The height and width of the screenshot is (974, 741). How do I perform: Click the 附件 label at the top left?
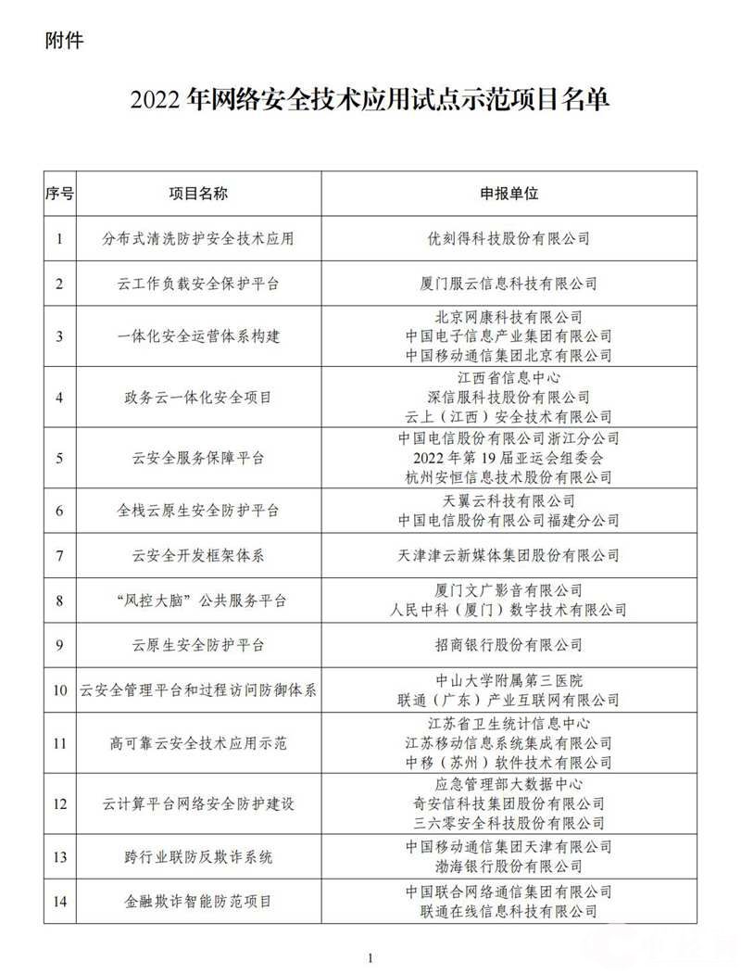[63, 42]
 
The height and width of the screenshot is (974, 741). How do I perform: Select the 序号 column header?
[60, 193]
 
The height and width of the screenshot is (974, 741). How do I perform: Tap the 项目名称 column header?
[198, 193]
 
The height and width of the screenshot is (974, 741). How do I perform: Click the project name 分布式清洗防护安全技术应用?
[198, 238]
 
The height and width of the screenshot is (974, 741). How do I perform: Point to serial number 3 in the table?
[60, 335]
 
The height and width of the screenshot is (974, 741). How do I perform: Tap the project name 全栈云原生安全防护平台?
[198, 511]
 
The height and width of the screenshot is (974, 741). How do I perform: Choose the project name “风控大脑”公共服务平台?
[198, 601]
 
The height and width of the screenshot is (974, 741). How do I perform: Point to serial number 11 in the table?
[60, 742]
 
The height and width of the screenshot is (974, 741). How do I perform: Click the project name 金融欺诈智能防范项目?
[198, 900]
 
